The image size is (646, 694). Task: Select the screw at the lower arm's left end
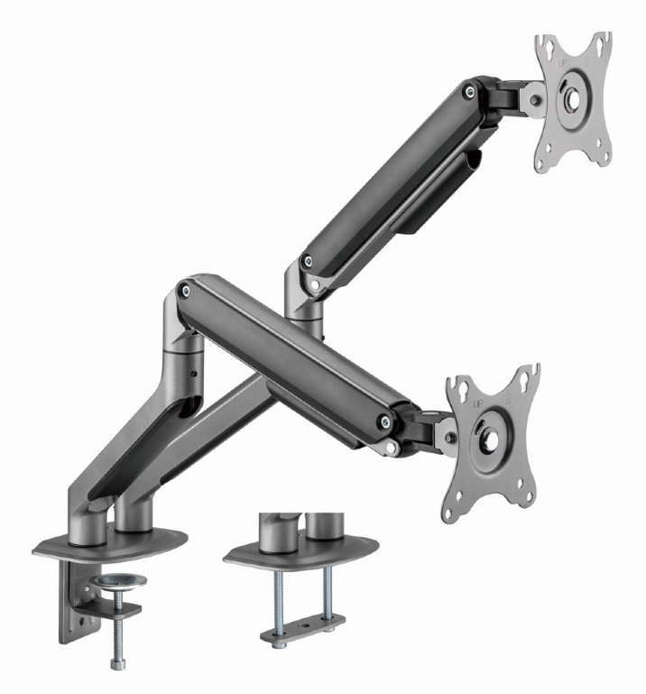[x=185, y=291]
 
